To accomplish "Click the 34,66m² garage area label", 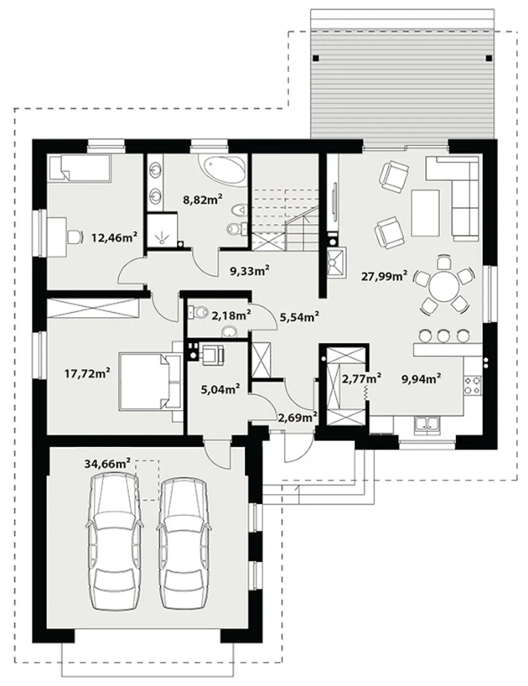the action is click(x=107, y=463).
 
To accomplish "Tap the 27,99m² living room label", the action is click(x=384, y=276).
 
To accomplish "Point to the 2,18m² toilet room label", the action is click(x=231, y=316).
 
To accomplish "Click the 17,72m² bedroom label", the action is click(x=87, y=374).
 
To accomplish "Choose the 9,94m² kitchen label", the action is click(x=421, y=379).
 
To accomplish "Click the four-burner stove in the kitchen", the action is click(x=473, y=385).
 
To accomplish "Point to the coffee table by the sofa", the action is click(x=425, y=213).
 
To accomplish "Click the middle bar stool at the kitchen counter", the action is click(x=443, y=336).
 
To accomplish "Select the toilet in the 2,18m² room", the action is click(x=198, y=311).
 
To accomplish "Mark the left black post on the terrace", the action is click(x=315, y=58).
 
